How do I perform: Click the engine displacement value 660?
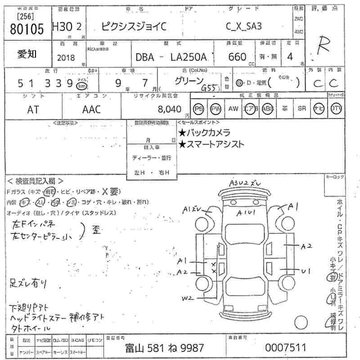click(x=237, y=57)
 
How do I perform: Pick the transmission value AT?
click(x=32, y=109)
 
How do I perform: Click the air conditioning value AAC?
click(x=91, y=109)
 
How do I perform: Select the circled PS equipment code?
click(x=199, y=108)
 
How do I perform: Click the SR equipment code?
click(x=301, y=108)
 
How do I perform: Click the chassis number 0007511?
click(x=285, y=348)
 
